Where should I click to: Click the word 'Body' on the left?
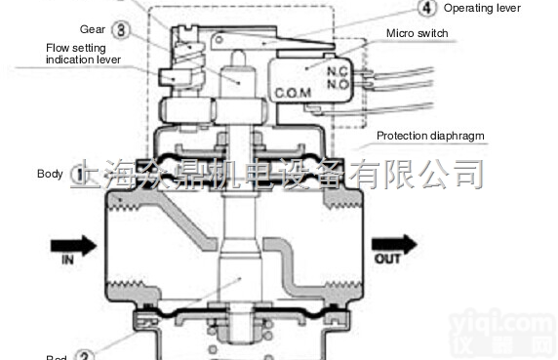(x=50, y=174)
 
